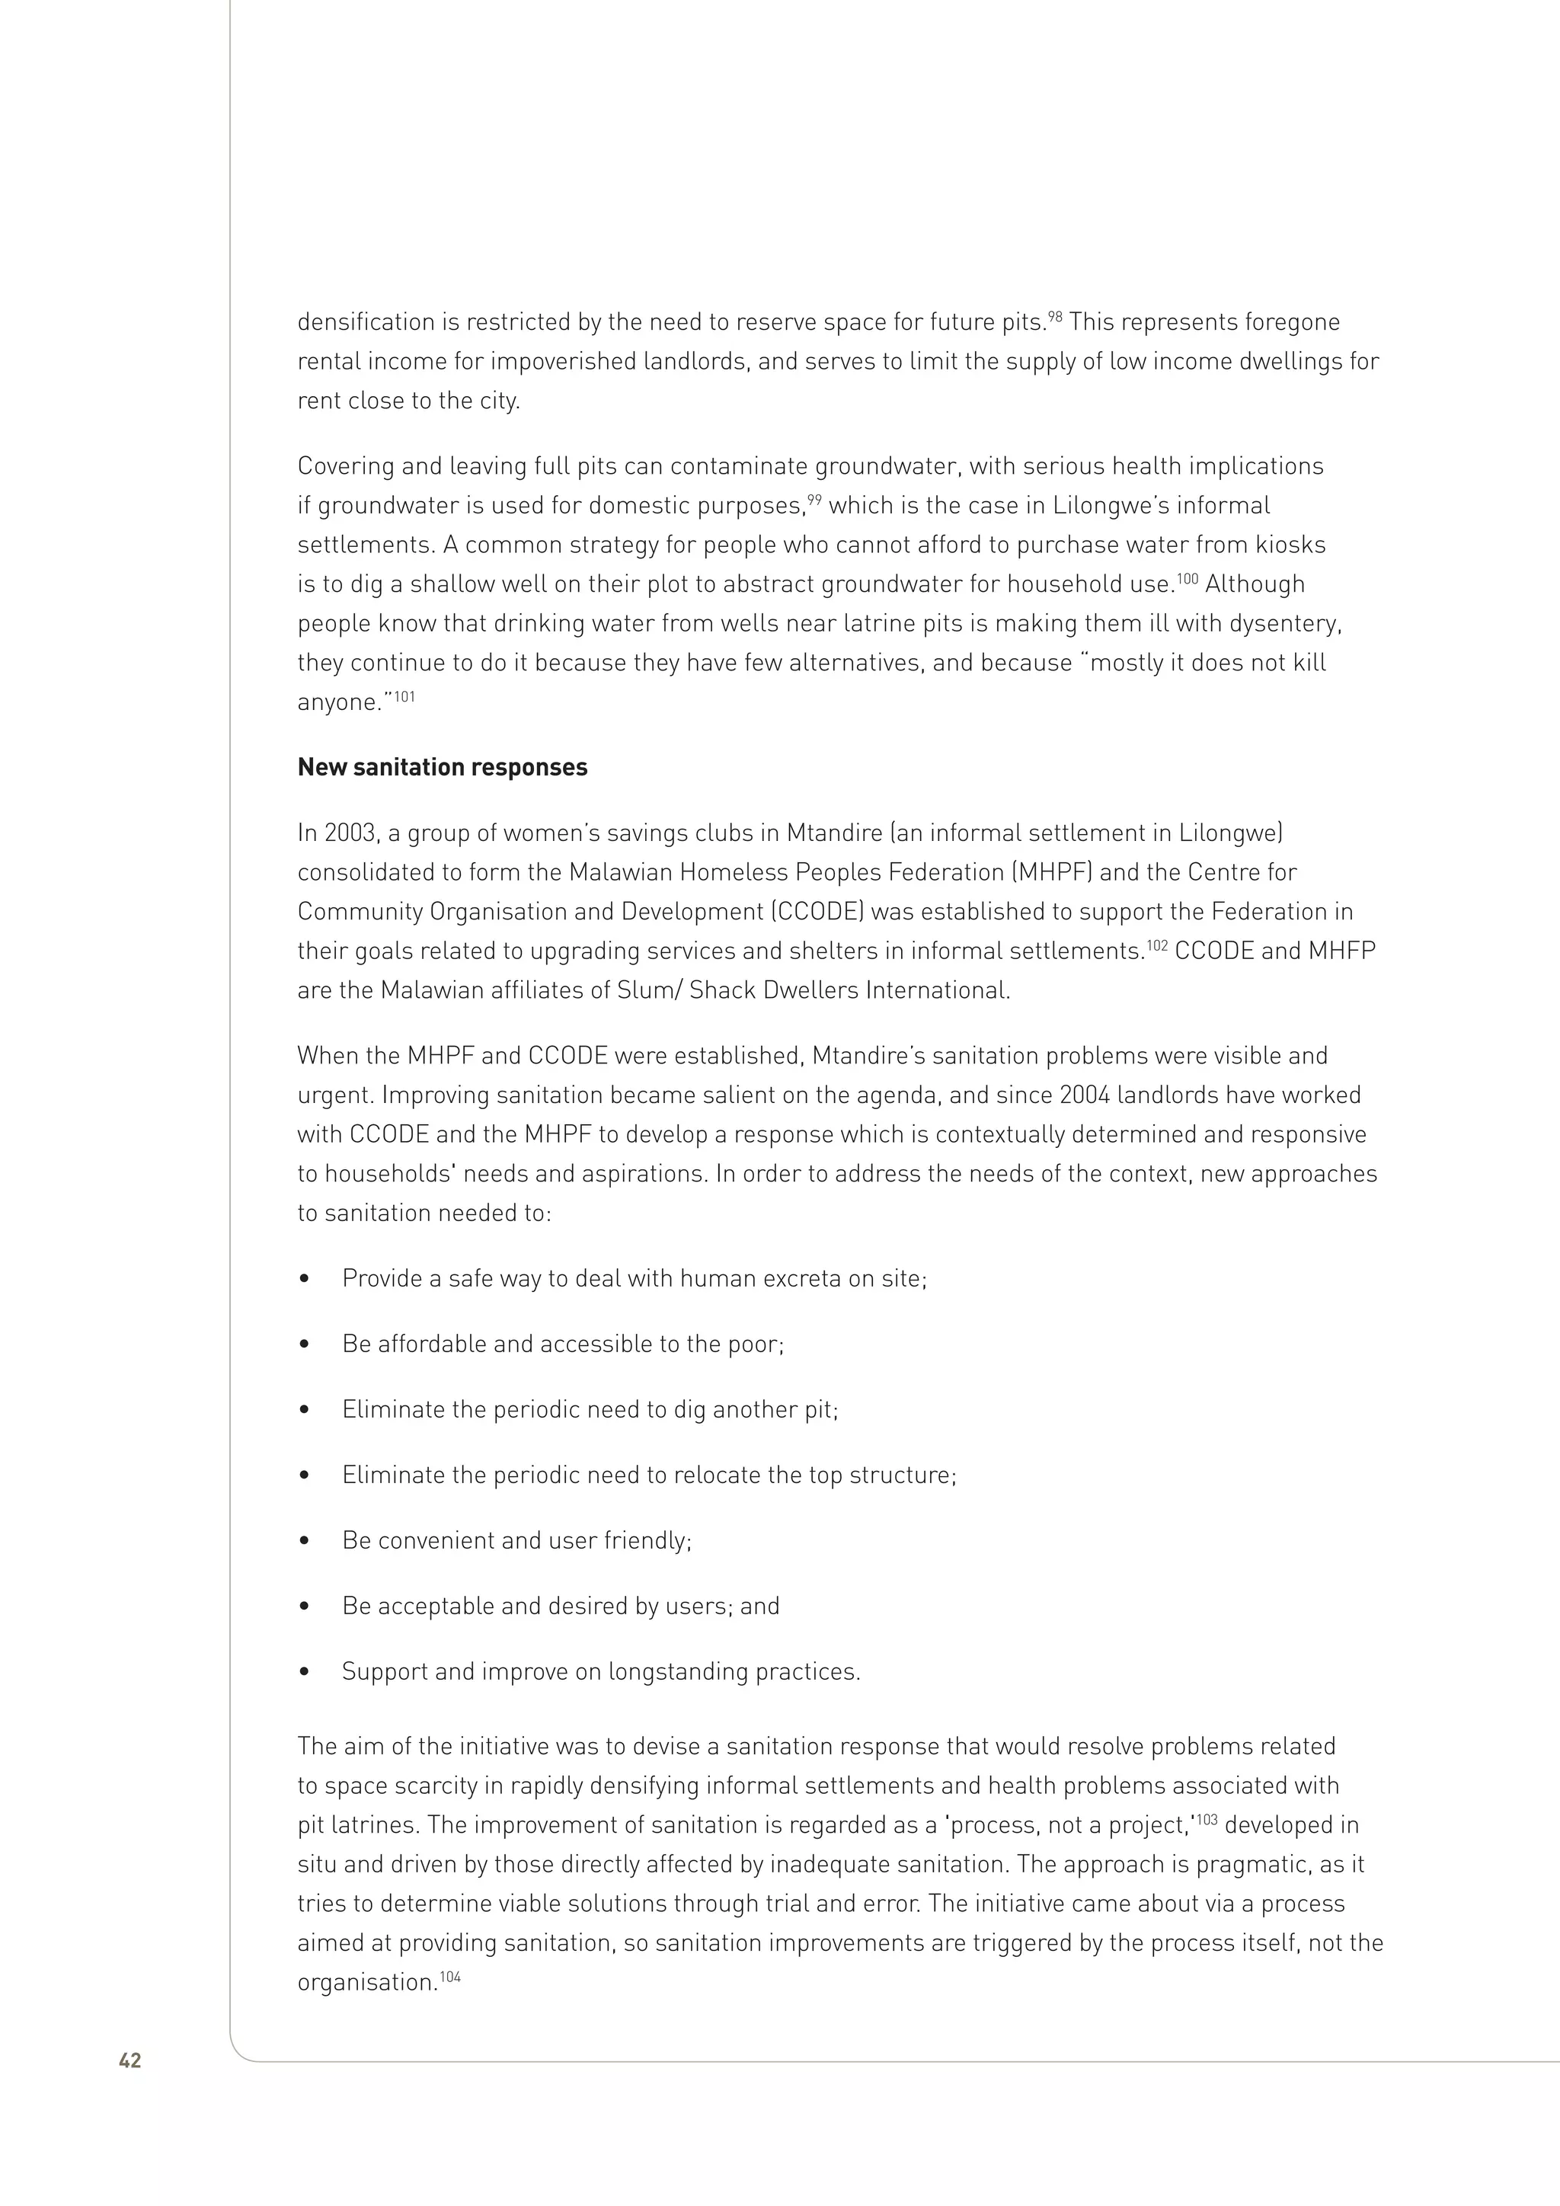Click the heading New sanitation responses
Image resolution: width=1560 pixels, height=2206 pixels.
click(442, 768)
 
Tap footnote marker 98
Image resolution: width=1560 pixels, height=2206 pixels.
click(1055, 315)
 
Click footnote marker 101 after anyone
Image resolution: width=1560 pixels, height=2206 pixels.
click(404, 695)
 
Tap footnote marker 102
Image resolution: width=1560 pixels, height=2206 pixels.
click(1158, 945)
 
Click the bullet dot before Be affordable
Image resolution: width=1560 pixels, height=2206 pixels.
click(305, 1345)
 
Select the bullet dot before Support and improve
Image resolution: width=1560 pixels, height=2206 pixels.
click(305, 1672)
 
